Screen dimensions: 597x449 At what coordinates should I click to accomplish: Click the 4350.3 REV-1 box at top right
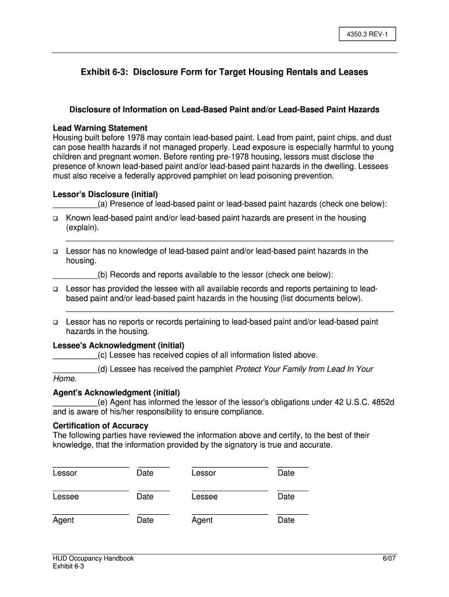359,34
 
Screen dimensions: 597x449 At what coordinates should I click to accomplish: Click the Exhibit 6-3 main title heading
224,72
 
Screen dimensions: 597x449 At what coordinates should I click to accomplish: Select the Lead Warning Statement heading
100,128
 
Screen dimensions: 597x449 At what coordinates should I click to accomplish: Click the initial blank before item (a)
75,205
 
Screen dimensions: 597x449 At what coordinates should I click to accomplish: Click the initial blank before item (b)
75,275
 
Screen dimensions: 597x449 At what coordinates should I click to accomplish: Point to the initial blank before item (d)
75,370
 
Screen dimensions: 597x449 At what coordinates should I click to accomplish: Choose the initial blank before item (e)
75,402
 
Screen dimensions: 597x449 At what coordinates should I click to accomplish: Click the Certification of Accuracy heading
100,426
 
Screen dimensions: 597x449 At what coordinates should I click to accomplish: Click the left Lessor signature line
90,466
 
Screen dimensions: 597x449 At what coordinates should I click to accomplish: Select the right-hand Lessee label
204,497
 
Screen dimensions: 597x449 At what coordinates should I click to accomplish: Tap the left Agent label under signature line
63,520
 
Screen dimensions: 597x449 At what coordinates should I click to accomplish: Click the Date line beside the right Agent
293,514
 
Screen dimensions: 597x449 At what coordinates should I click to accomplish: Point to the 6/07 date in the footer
389,558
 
